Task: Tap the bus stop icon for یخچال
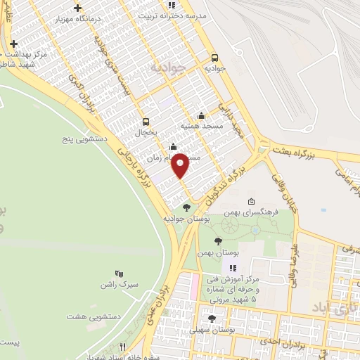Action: [146, 121]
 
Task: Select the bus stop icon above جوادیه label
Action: [215, 58]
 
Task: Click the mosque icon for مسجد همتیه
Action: [202, 115]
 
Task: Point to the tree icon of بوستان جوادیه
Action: [186, 207]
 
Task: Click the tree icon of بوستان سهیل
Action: [212, 319]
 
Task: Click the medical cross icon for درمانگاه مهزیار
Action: [77, 8]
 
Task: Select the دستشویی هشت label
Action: [94, 316]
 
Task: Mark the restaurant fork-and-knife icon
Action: [122, 346]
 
